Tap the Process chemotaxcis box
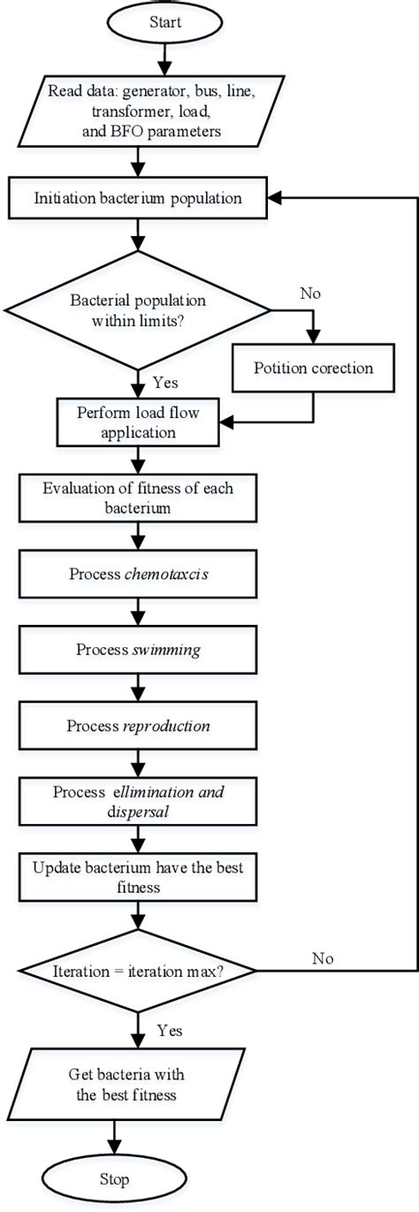[x=138, y=575]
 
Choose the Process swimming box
[x=138, y=651]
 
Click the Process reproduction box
[x=138, y=726]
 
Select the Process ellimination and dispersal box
[x=138, y=803]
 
